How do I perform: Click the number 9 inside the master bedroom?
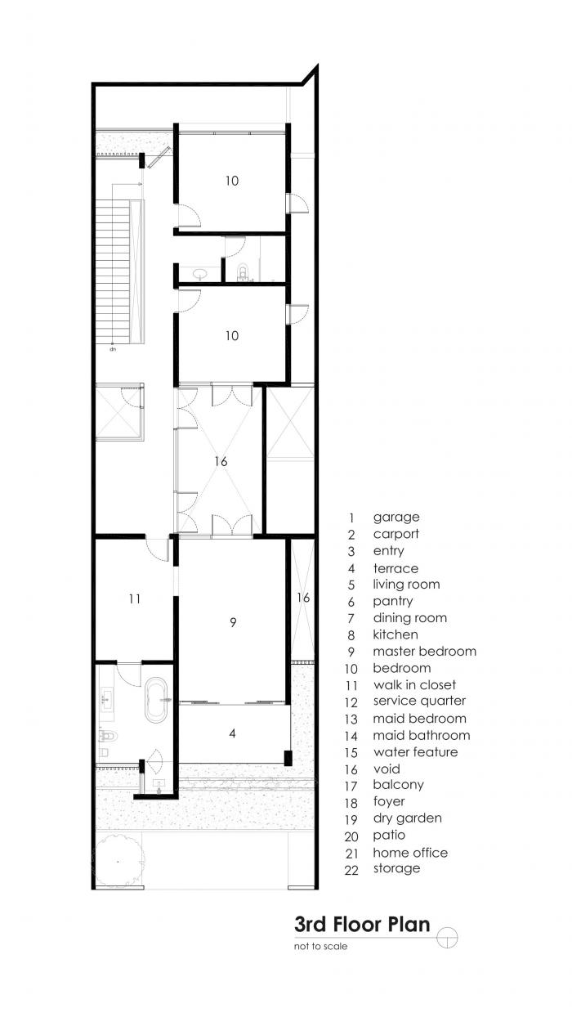coord(233,622)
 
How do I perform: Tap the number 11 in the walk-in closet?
coord(134,598)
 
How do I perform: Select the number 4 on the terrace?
coord(233,733)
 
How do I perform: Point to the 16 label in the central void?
coord(221,461)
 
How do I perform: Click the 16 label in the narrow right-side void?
coord(303,598)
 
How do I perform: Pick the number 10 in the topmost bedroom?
coord(232,181)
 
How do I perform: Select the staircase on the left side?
coord(114,270)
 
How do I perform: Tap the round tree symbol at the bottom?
coord(120,861)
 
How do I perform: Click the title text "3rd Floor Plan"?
coord(362,925)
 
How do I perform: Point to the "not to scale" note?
coord(321,947)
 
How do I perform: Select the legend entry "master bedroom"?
coord(424,652)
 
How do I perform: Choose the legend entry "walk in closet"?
coord(414,685)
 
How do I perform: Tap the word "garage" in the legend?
coord(396,517)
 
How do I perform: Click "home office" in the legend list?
coord(410,853)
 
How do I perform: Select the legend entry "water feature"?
coord(415,752)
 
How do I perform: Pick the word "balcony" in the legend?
coord(398,785)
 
